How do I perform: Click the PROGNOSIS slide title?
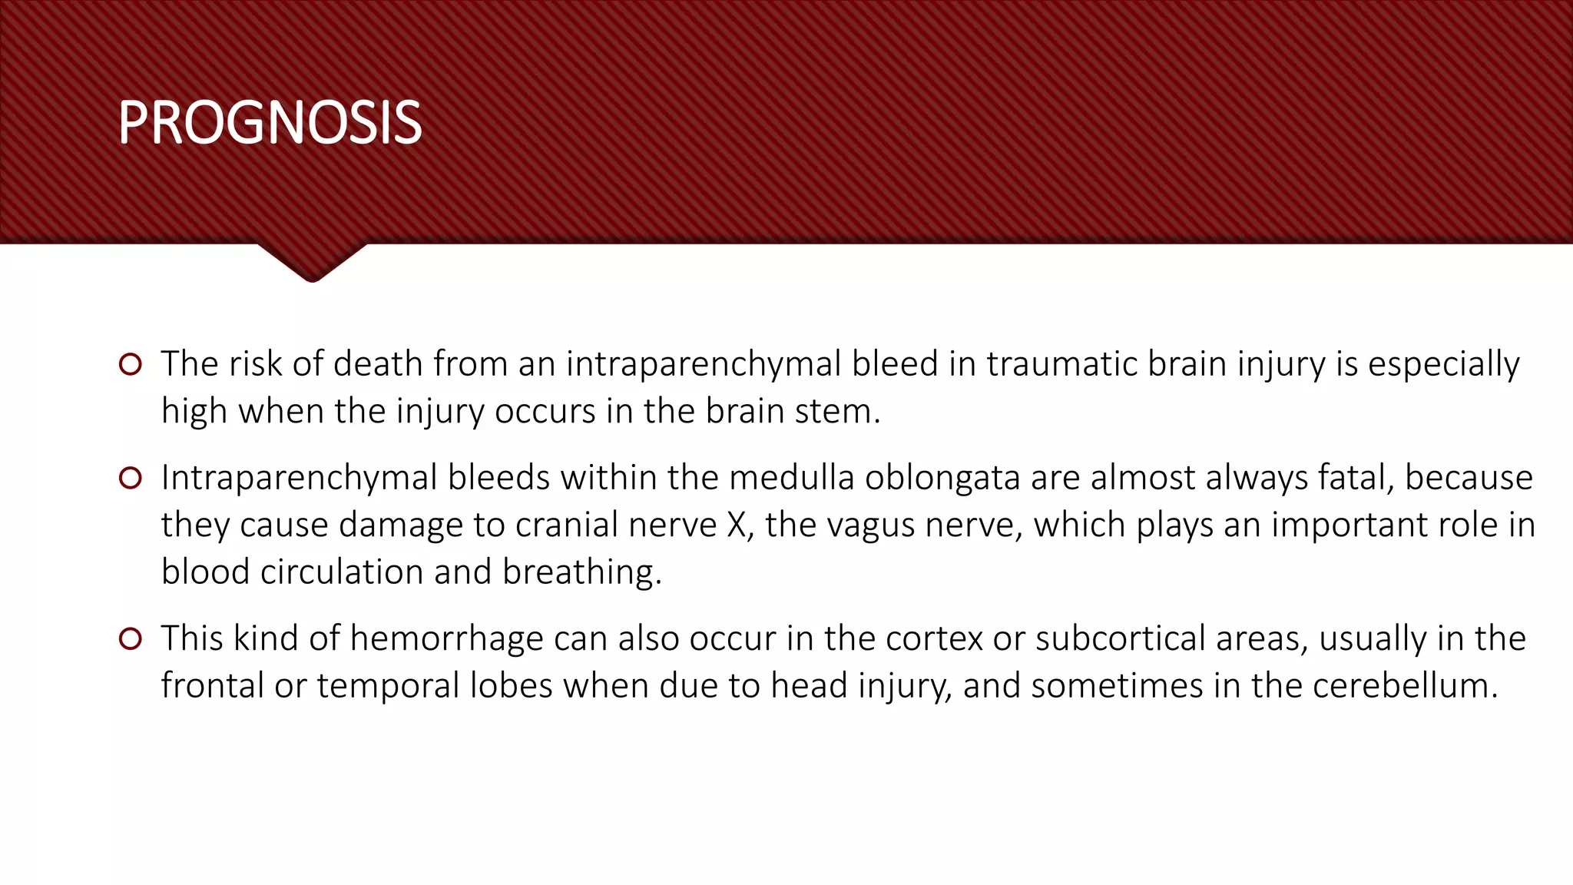coord(270,123)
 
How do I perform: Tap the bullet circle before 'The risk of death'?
coord(131,364)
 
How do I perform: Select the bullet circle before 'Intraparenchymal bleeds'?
coord(131,479)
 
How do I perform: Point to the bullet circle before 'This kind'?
coord(131,638)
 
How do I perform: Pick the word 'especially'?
coord(1443,364)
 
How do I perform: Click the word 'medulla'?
coord(791,478)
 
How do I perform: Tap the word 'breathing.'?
coord(581,572)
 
